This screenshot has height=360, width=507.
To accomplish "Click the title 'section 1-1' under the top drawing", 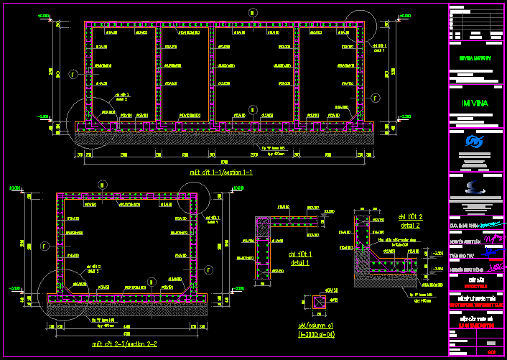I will (x=220, y=172).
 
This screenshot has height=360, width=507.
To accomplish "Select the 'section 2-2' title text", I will (x=124, y=344).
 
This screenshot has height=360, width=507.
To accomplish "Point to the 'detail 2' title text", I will (x=410, y=221).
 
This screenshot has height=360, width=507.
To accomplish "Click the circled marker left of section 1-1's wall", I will (x=73, y=73).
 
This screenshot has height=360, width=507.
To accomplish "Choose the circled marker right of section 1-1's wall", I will (x=375, y=96).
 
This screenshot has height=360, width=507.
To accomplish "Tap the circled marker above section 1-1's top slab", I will (x=252, y=11).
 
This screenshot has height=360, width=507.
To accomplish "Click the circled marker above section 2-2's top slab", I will (x=102, y=185).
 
